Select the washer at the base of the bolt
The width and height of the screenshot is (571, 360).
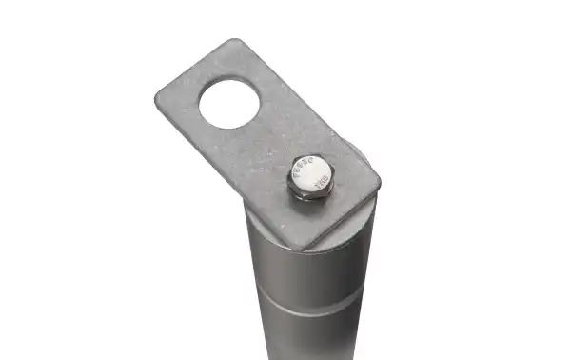(310, 195)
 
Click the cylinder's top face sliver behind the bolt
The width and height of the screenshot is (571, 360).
(356, 152)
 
